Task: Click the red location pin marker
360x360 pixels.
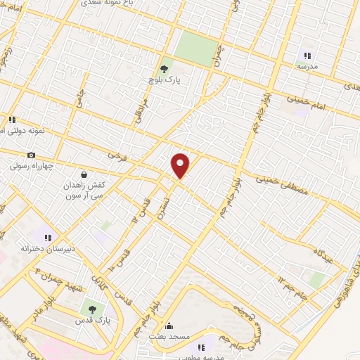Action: click(x=181, y=166)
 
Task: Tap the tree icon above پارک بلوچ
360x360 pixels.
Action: click(x=165, y=69)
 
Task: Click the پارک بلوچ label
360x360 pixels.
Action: click(x=165, y=80)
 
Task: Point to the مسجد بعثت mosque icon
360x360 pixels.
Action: click(x=168, y=326)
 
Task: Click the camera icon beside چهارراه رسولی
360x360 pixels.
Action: click(x=31, y=155)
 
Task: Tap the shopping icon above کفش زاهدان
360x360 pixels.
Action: click(x=84, y=174)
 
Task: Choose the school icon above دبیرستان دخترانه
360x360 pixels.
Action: click(x=48, y=238)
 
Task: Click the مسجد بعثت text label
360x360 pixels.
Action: click(x=169, y=337)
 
